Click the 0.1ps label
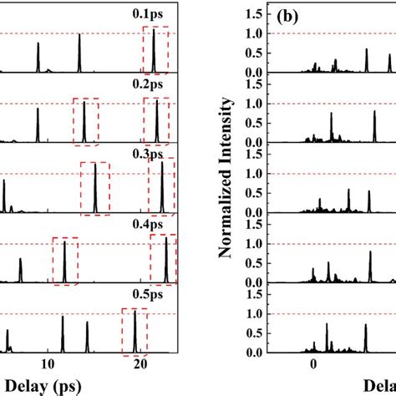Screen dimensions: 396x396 tap(155, 14)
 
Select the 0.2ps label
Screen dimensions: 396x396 tap(155, 84)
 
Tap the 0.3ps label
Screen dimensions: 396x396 tap(155, 155)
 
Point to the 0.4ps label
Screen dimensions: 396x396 tap(155, 225)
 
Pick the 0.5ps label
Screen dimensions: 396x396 tap(155, 295)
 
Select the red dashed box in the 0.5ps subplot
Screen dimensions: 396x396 tap(135, 331)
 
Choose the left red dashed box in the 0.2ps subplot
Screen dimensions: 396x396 tap(85, 120)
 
